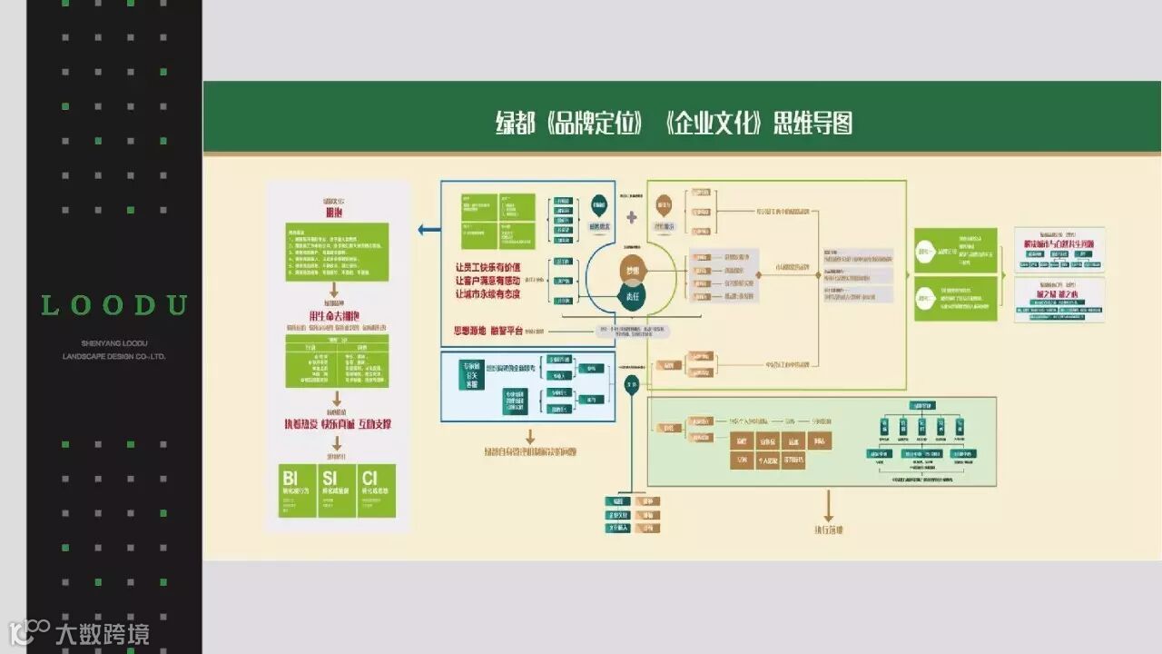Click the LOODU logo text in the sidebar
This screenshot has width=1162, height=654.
pos(114,305)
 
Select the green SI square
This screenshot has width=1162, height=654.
pos(337,490)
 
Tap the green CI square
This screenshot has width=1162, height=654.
pos(377,490)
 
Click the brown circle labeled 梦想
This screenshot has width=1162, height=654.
pos(631,271)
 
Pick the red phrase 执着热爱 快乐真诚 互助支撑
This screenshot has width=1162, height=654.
pos(337,424)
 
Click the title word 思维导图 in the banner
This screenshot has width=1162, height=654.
pos(812,123)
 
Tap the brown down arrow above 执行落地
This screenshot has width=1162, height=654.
pos(828,506)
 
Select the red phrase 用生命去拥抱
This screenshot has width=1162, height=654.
pos(336,315)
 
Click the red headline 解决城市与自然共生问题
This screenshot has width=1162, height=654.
pos(1059,244)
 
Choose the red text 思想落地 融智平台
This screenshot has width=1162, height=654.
pos(488,331)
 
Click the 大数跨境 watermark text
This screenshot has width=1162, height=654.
pos(102,633)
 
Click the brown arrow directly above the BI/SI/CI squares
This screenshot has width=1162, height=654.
pos(337,444)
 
